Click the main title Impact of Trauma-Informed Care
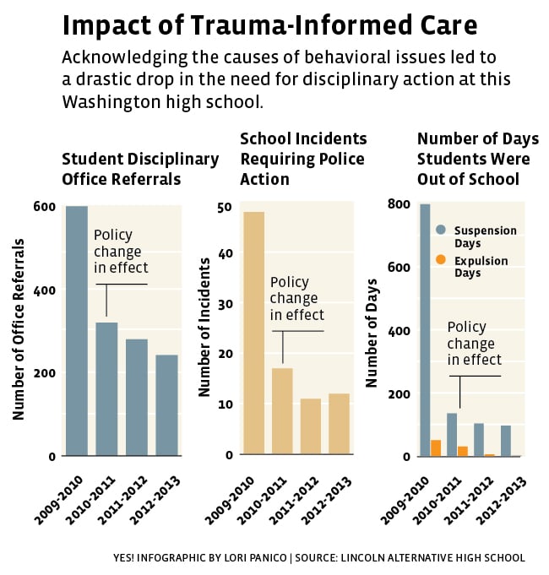pos(269,25)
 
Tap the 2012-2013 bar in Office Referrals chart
pos(166,405)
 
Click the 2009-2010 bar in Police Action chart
pos(253,333)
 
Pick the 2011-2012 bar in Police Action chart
pos(310,426)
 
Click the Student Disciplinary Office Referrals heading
pos(140,169)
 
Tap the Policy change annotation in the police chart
pos(296,298)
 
